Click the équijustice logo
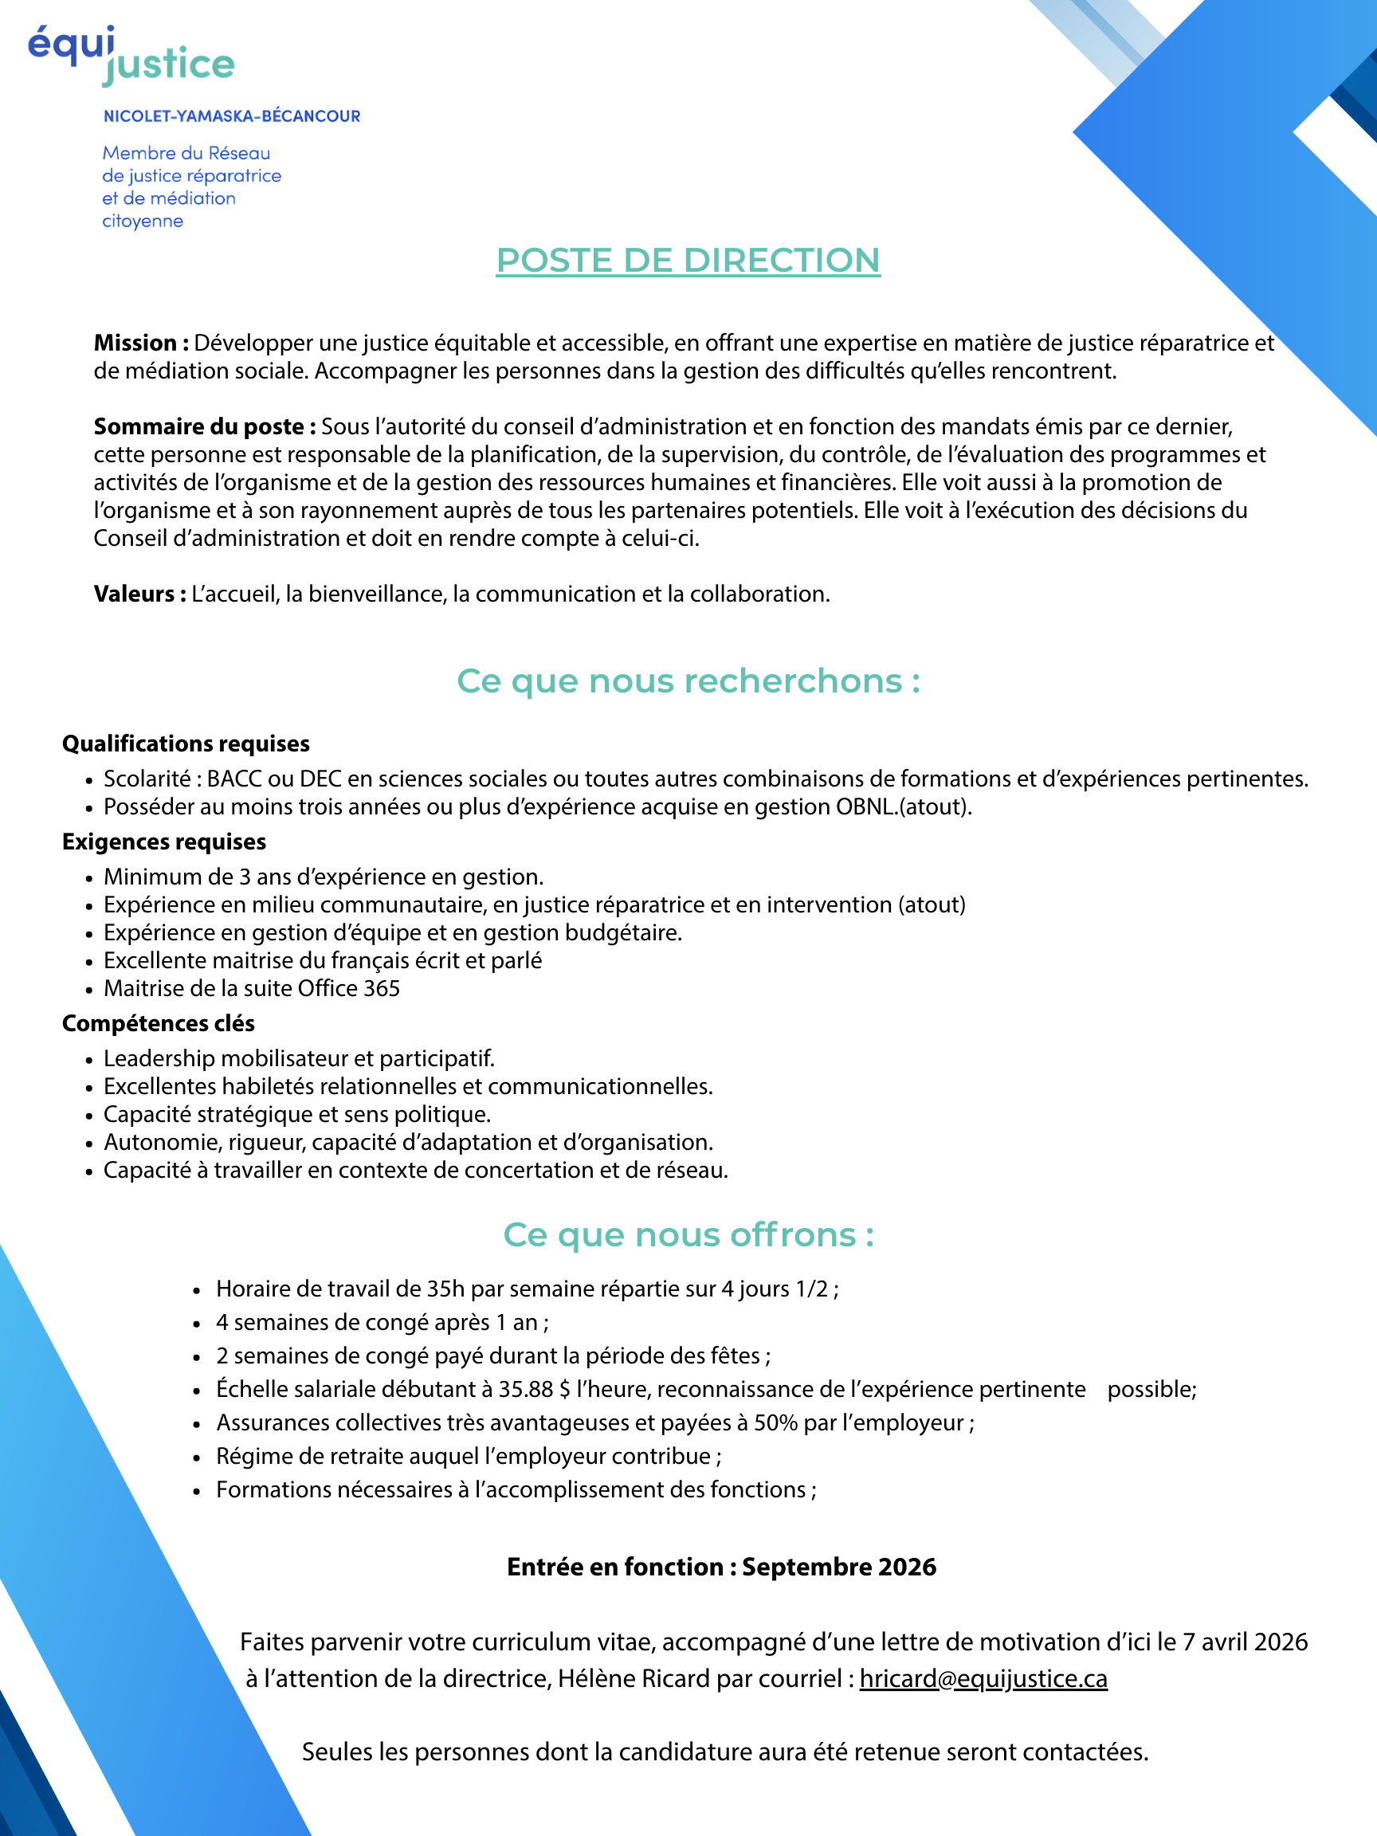point(131,57)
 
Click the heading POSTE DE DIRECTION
point(687,261)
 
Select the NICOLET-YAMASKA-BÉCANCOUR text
point(232,116)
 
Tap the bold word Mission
point(135,343)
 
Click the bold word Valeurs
point(134,594)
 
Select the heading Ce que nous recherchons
point(688,681)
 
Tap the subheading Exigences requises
point(164,841)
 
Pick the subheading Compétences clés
point(159,1023)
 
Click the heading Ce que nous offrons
point(688,1235)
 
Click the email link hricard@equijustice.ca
point(983,1678)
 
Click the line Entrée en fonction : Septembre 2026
point(721,1567)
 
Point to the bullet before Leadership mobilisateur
point(88,1060)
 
